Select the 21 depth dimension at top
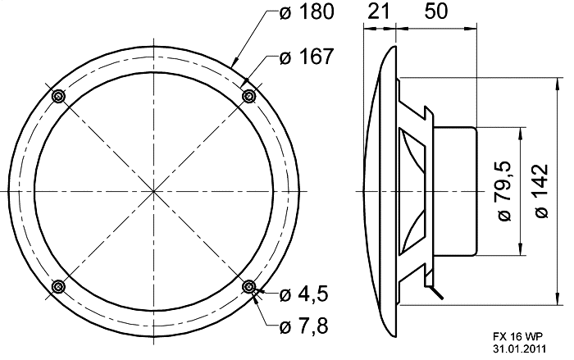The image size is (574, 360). [x=377, y=12]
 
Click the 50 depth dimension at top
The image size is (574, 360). [x=437, y=12]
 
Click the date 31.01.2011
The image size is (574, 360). [x=521, y=350]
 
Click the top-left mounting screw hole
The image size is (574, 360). [x=58, y=96]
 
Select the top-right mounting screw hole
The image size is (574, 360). [x=249, y=96]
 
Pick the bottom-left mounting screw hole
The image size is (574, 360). [x=58, y=286]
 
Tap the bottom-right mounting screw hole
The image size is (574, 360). [x=249, y=286]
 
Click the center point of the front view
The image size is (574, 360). [x=153, y=191]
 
